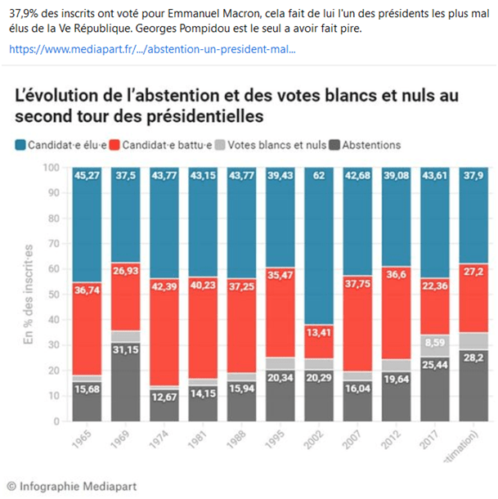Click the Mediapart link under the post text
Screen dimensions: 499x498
point(152,49)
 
